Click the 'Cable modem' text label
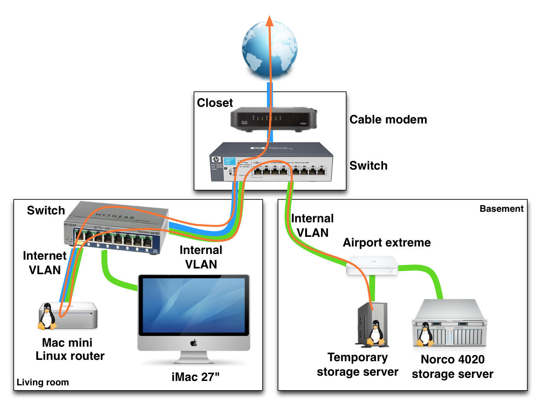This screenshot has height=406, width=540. coord(388,120)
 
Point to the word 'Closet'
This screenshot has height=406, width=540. coord(215,103)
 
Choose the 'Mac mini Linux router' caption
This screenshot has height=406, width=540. coord(70,349)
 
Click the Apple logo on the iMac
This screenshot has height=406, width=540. coord(193,342)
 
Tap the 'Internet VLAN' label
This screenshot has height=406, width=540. coord(44,262)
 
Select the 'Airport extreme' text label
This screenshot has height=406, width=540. coord(387,242)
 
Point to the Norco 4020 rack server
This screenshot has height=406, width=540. coord(451,323)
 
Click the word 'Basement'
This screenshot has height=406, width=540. coord(501,209)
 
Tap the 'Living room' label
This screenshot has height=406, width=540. coord(43,382)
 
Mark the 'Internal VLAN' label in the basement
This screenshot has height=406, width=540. coord(313,225)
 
